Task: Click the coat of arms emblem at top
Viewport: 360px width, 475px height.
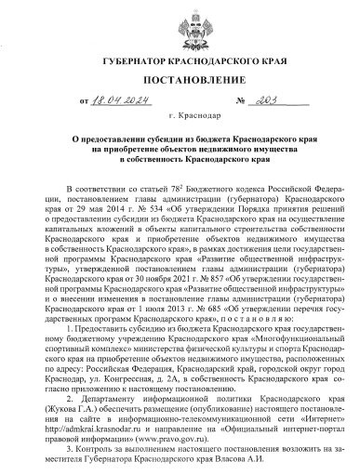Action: [x=180, y=28]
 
